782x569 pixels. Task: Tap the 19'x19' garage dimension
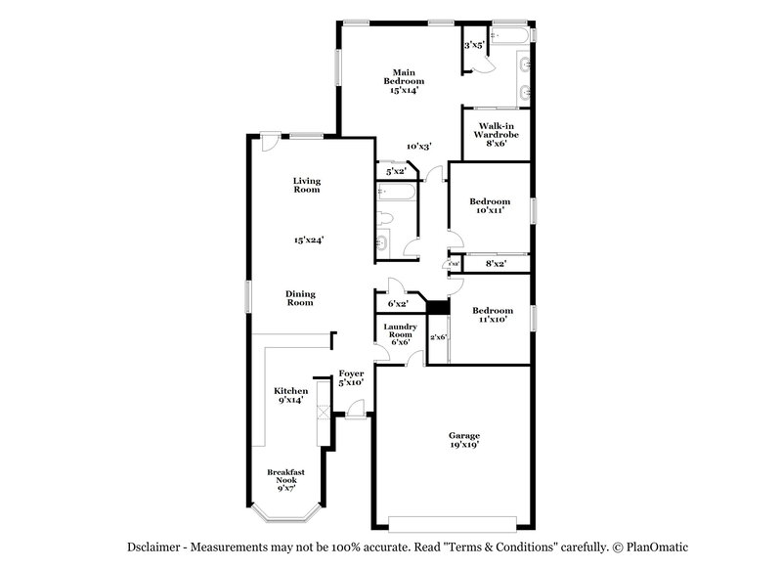click(464, 444)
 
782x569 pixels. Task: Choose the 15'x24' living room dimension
click(307, 239)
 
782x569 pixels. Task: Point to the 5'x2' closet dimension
click(396, 171)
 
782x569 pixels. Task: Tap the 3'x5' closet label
click(474, 45)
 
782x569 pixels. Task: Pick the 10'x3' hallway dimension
click(419, 146)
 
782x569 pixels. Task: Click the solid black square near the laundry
click(437, 307)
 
